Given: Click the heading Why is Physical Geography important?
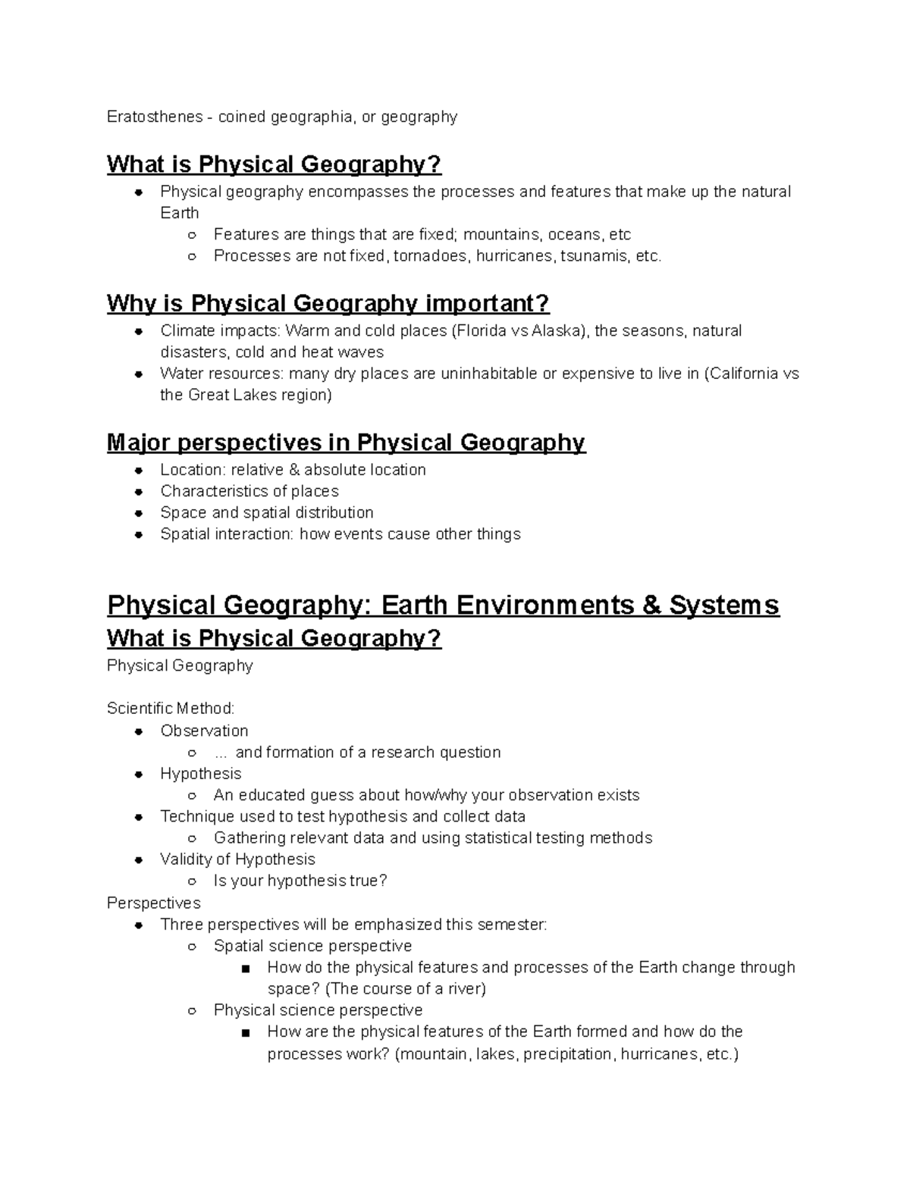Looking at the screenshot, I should point(328,304).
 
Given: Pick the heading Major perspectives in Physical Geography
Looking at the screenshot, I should point(346,443).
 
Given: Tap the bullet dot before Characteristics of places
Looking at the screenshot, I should point(139,492).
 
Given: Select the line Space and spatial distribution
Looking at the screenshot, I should point(266,513).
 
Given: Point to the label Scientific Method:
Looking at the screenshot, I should point(171,709).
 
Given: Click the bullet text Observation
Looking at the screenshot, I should point(204,731).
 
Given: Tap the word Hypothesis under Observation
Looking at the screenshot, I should point(200,774).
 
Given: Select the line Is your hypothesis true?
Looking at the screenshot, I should point(300,881).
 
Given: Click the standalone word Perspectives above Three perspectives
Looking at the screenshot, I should point(153,903).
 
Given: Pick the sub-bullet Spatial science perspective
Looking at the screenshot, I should point(312,946).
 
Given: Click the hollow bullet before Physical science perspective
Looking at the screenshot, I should point(193,1011).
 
